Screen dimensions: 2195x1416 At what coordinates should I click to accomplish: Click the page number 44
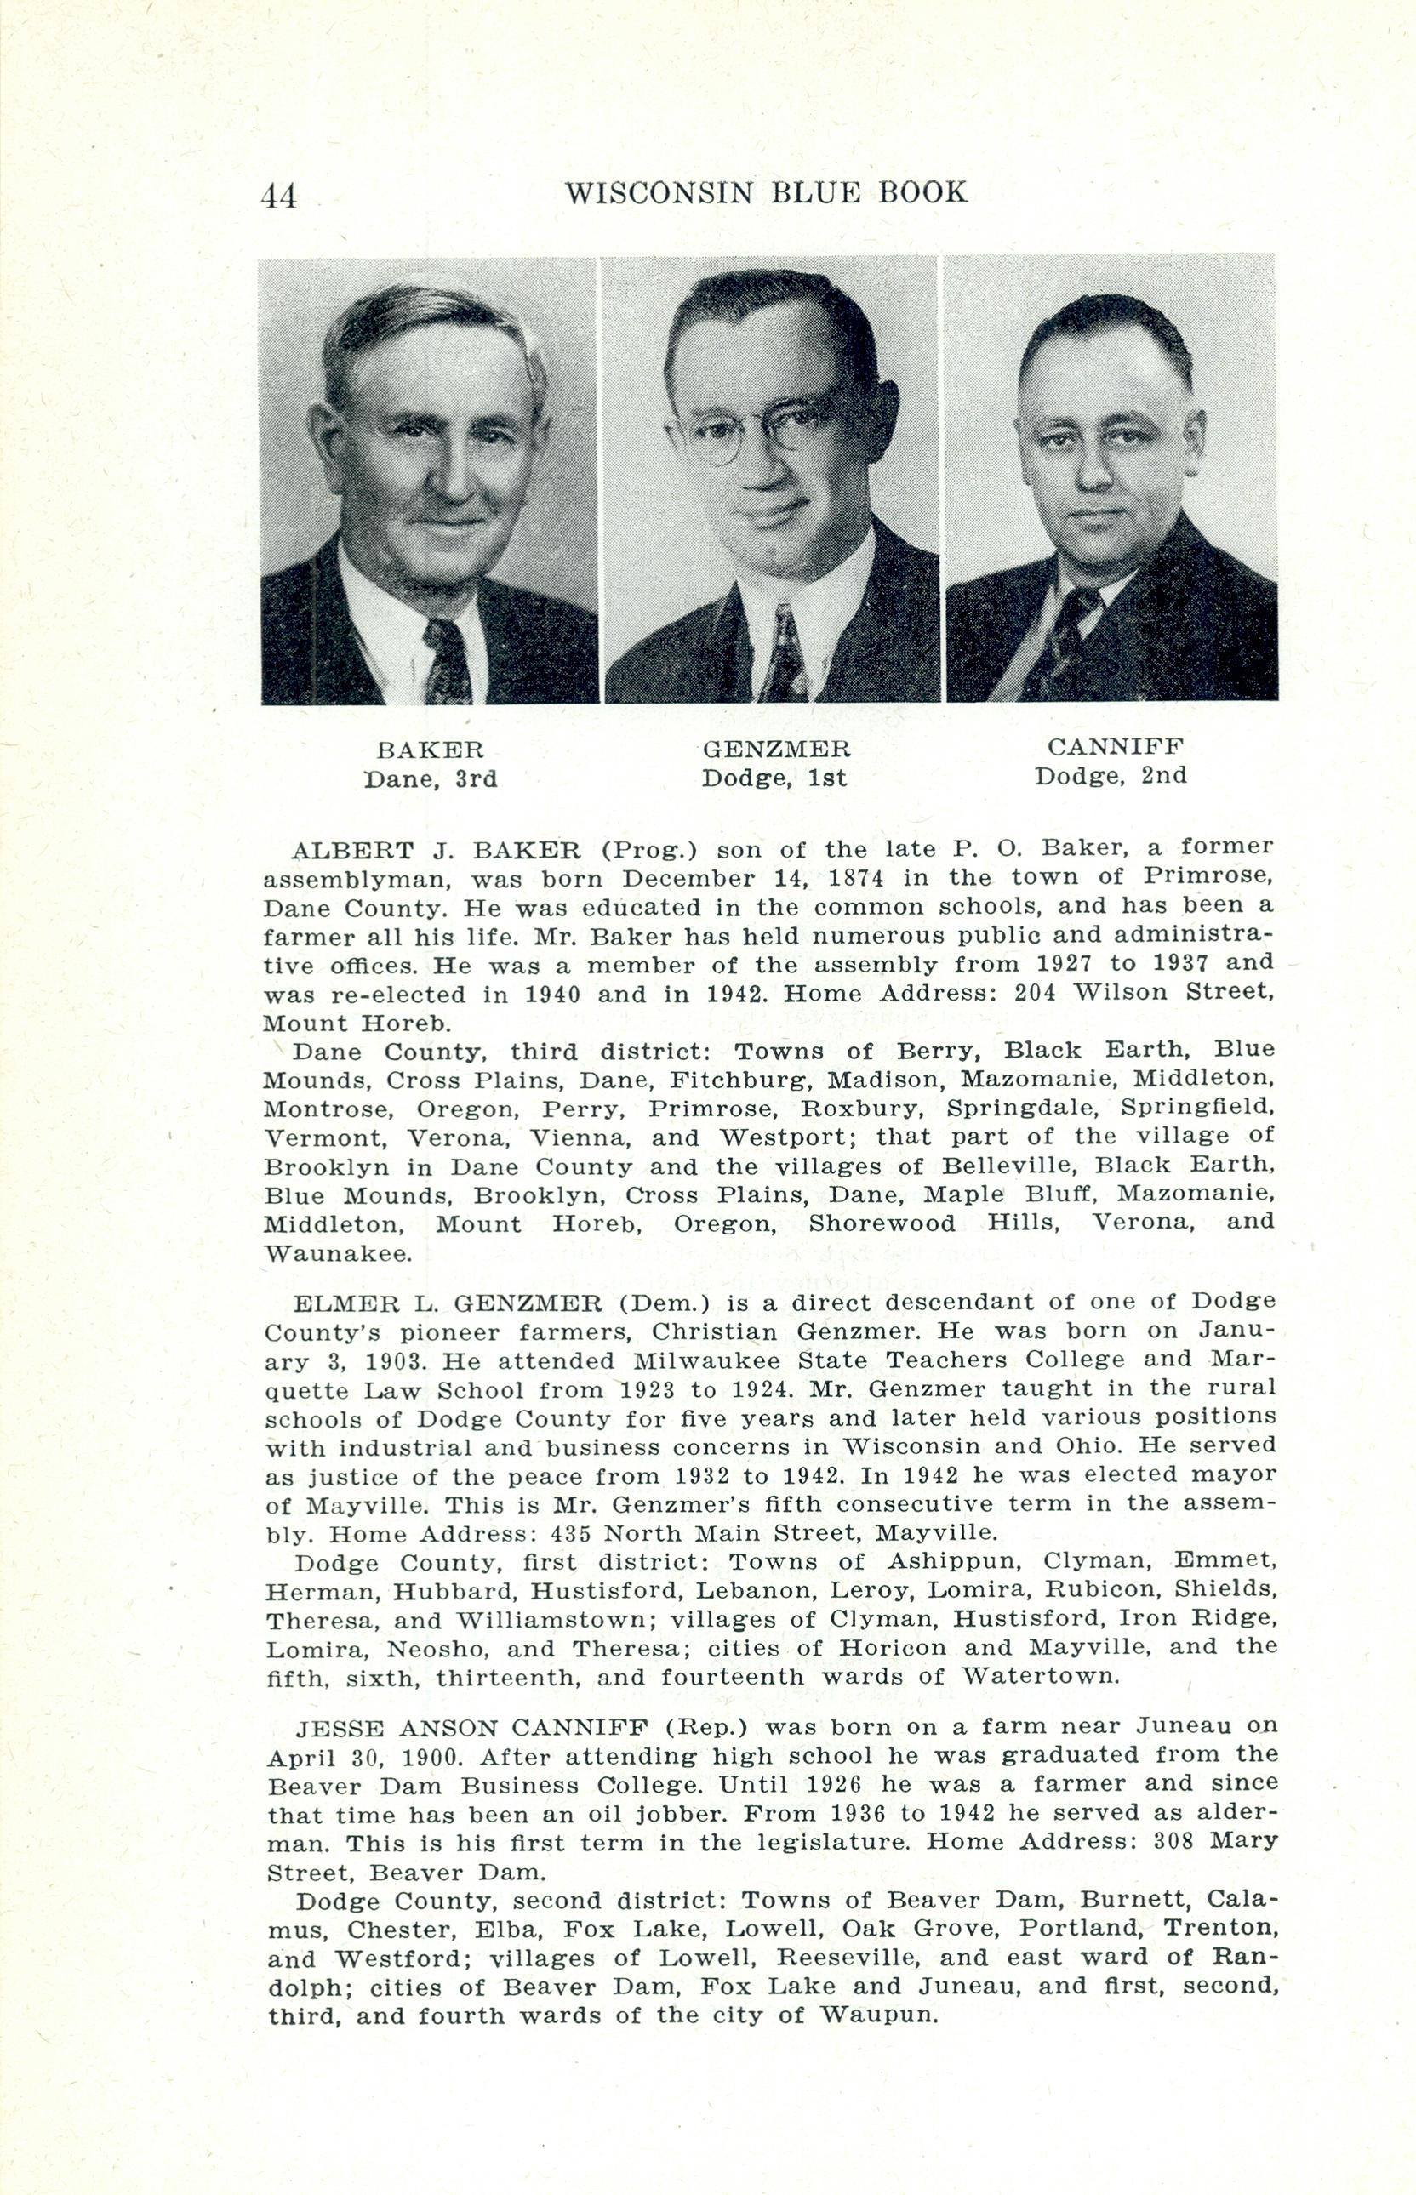pyautogui.click(x=278, y=196)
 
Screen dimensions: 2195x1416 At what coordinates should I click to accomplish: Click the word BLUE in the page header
pyautogui.click(x=809, y=192)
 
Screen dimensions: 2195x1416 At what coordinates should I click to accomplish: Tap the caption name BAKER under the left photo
pyautogui.click(x=431, y=750)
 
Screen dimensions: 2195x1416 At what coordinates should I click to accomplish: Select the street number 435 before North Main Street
pyautogui.click(x=570, y=1533)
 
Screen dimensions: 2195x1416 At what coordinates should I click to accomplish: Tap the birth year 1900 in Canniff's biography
pyautogui.click(x=431, y=1758)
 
